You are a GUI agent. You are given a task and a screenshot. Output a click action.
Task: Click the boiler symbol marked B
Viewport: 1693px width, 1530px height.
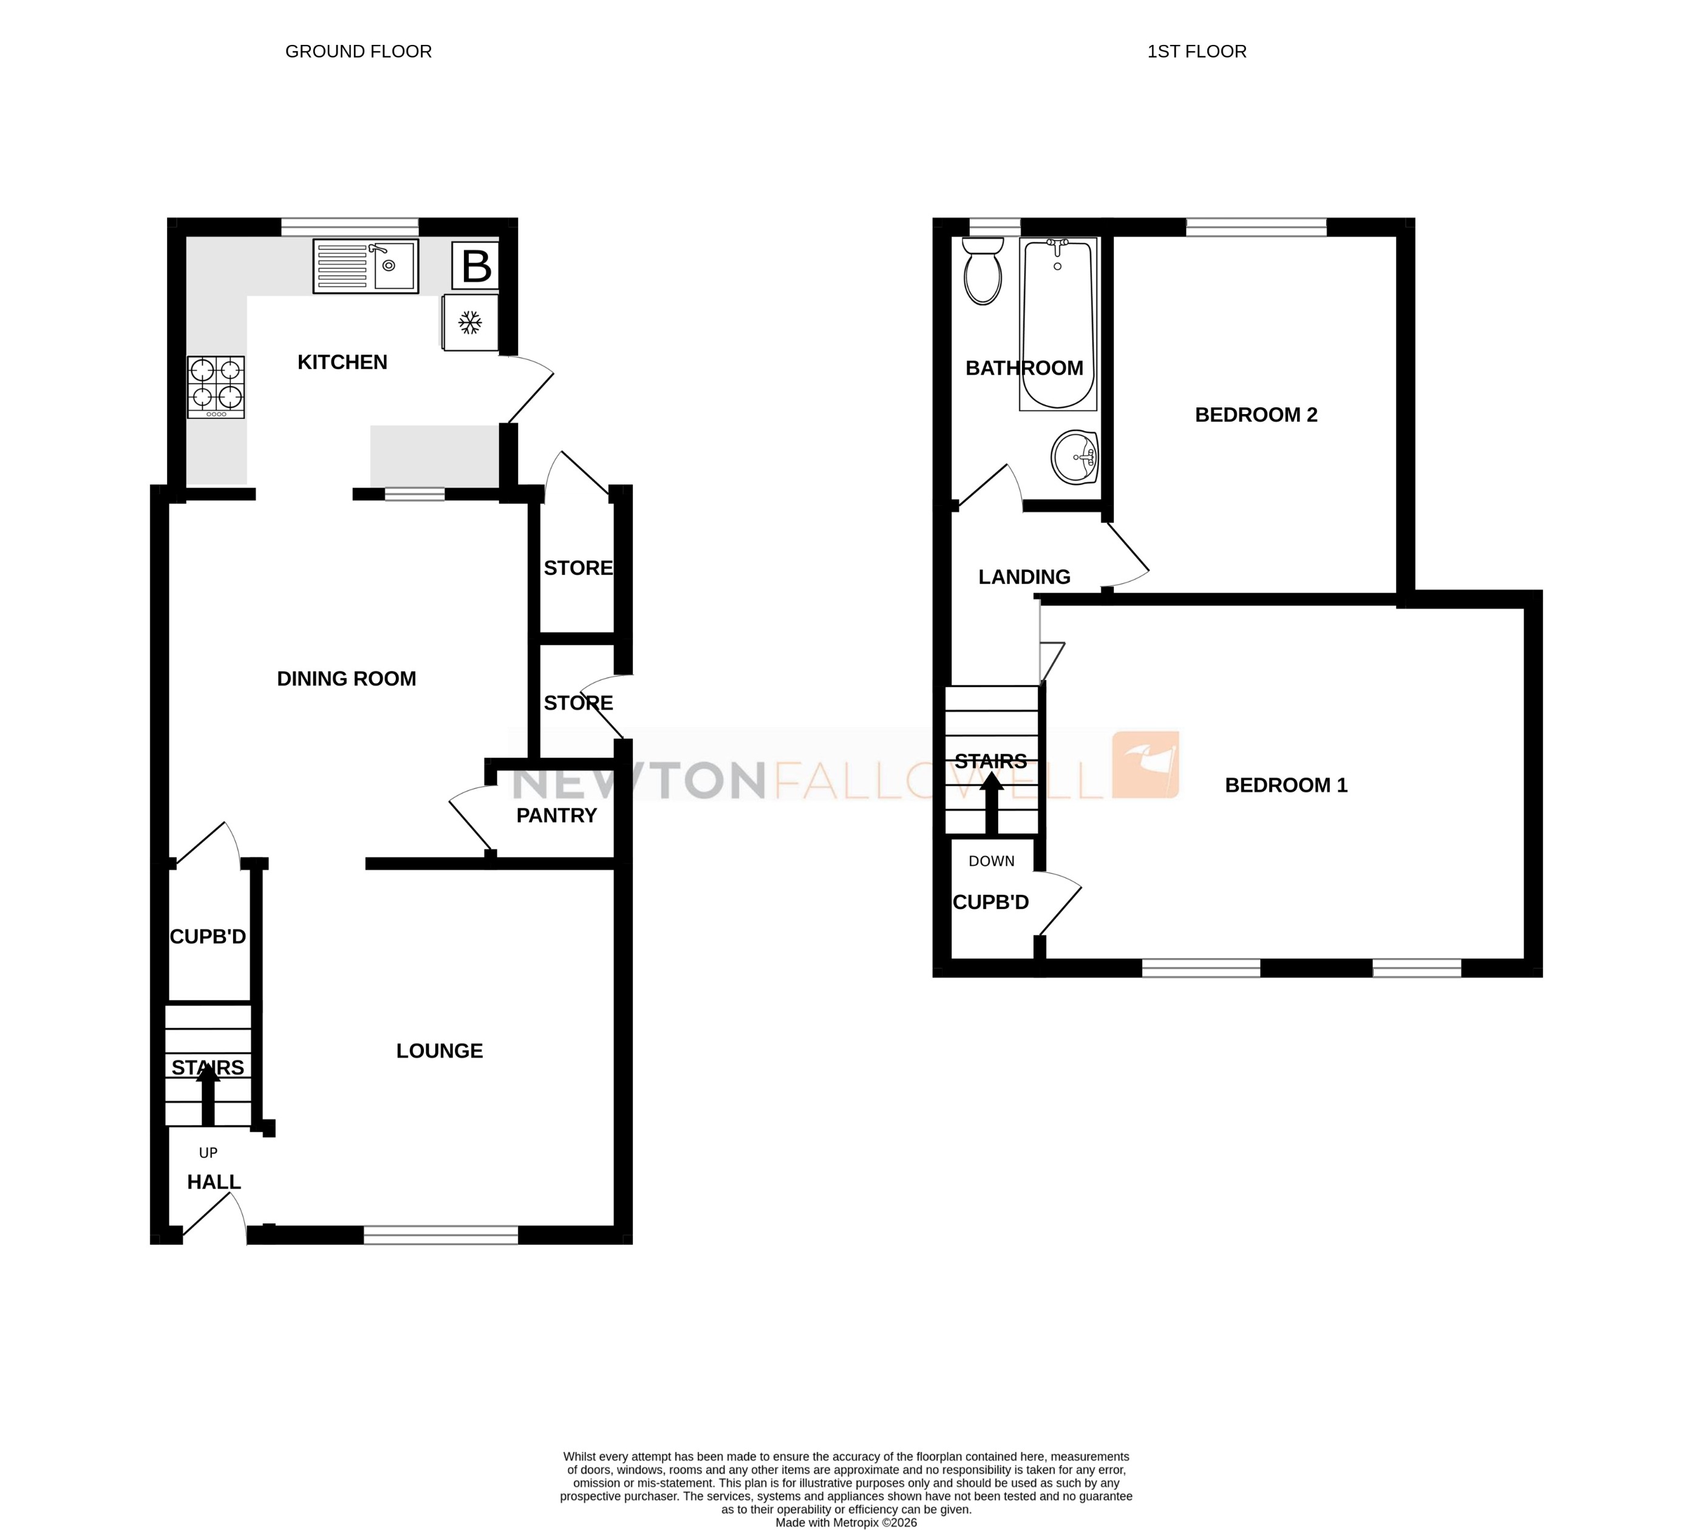click(476, 266)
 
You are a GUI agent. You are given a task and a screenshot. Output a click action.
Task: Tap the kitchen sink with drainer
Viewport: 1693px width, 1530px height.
click(366, 266)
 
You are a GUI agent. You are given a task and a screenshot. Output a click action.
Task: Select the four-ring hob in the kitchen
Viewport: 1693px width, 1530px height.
click(216, 387)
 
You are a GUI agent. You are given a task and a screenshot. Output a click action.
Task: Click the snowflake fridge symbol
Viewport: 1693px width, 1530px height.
click(470, 322)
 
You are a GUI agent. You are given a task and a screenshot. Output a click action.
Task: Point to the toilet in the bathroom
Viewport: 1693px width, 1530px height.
click(983, 270)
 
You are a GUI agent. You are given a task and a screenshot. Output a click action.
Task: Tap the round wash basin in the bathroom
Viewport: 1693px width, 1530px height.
click(1075, 458)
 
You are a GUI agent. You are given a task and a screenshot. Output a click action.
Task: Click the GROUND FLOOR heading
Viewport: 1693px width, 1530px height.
click(359, 51)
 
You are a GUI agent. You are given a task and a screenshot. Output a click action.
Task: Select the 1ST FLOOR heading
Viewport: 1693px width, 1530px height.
click(1197, 51)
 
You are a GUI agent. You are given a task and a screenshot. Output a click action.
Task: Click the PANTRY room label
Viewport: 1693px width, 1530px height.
click(556, 815)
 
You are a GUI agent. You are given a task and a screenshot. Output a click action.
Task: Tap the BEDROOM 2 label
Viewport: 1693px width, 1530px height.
click(1255, 415)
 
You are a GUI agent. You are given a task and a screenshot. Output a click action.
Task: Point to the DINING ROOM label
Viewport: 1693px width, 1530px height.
click(346, 679)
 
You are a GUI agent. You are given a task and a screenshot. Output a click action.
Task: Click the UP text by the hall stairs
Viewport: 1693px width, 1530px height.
click(208, 1153)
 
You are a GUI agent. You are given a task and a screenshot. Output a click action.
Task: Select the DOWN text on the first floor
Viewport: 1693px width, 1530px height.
click(991, 861)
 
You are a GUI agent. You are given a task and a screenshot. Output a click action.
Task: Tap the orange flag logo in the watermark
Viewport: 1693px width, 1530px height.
click(1145, 764)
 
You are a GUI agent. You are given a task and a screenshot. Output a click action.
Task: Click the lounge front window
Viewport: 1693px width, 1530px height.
click(440, 1234)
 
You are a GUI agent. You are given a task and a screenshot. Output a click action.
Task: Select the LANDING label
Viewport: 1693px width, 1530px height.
click(1024, 577)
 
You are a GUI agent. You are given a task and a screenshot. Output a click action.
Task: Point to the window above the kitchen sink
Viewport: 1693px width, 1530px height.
click(349, 226)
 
